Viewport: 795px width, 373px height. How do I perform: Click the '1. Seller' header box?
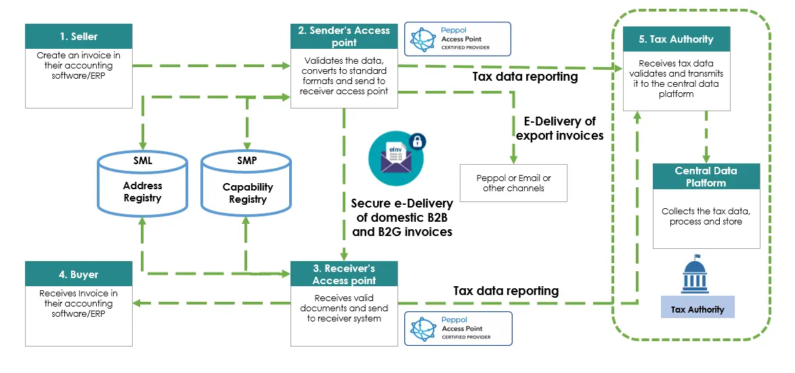tap(79, 37)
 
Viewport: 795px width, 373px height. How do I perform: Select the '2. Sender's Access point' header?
tap(344, 37)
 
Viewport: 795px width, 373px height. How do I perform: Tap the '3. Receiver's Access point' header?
tap(344, 275)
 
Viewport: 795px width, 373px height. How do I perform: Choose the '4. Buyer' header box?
tap(79, 275)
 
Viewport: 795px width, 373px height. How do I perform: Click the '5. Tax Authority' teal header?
tap(677, 39)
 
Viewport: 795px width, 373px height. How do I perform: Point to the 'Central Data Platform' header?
tap(706, 176)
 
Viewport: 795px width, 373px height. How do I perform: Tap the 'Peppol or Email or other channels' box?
tap(513, 183)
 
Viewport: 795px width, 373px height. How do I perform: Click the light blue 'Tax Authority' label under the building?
tap(697, 309)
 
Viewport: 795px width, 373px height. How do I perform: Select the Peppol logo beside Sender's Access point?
tap(457, 39)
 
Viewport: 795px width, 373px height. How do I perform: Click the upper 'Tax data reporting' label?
tap(525, 77)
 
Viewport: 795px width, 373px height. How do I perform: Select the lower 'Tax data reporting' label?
tap(506, 290)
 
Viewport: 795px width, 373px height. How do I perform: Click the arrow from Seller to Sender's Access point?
tap(211, 66)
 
